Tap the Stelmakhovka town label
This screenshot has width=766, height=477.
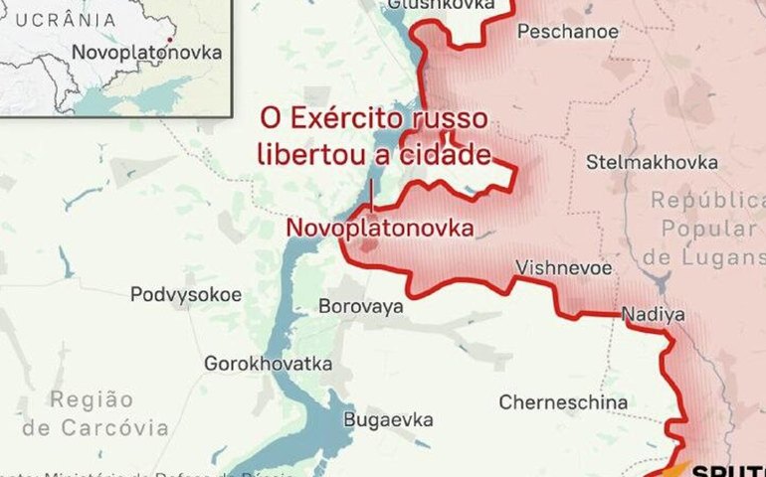[x=652, y=162]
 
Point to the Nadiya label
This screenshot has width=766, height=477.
[x=653, y=315]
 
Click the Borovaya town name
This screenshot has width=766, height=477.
[x=360, y=306]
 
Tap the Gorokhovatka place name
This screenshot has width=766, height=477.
[x=268, y=364]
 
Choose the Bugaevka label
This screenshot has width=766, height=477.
[x=388, y=419]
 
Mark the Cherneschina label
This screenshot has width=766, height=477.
[x=563, y=402]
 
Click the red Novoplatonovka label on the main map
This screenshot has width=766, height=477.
[x=379, y=228]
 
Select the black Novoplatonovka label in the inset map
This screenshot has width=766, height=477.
[x=146, y=53]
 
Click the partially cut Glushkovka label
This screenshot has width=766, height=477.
[x=441, y=5]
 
